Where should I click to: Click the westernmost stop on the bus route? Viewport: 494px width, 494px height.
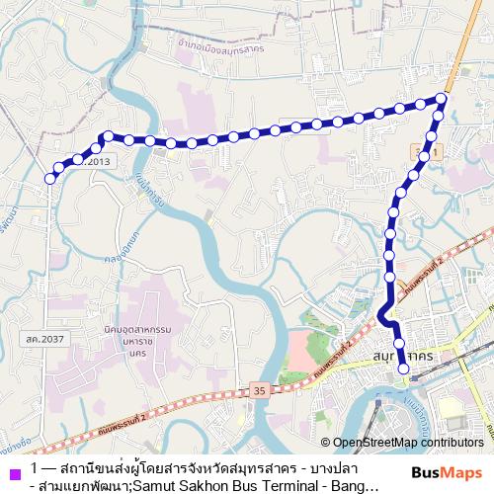pos(50,179)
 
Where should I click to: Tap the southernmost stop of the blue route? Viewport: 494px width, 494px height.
pos(403,370)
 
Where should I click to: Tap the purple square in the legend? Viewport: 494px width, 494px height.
pos(12,470)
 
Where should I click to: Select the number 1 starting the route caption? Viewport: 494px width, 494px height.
pos(36,467)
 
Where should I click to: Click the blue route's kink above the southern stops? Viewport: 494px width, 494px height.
pos(381,314)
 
